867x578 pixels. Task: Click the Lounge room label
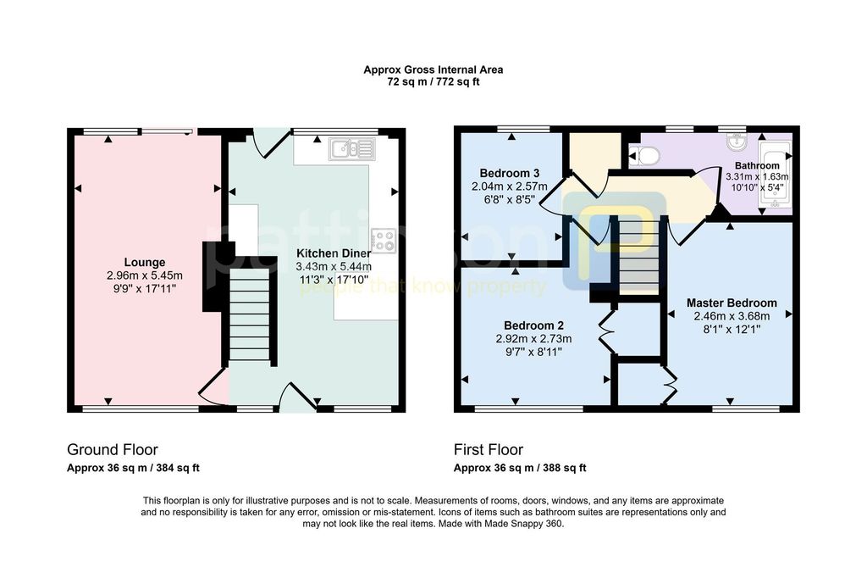(144, 263)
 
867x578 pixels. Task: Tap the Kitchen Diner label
(334, 253)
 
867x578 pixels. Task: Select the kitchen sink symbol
(351, 148)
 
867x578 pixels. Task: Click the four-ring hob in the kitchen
(384, 241)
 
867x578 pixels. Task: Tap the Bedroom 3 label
(509, 173)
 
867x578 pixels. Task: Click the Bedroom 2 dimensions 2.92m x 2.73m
(533, 339)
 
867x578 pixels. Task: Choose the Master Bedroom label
(732, 303)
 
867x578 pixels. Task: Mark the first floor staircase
(638, 256)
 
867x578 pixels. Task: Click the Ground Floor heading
(113, 449)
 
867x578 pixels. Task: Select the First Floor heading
(489, 449)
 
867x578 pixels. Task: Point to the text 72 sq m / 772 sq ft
(433, 82)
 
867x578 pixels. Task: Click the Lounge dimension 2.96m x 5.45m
(144, 275)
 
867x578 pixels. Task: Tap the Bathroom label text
(757, 165)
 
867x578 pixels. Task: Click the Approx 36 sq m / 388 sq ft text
(520, 468)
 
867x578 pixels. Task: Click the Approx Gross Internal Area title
(433, 69)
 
